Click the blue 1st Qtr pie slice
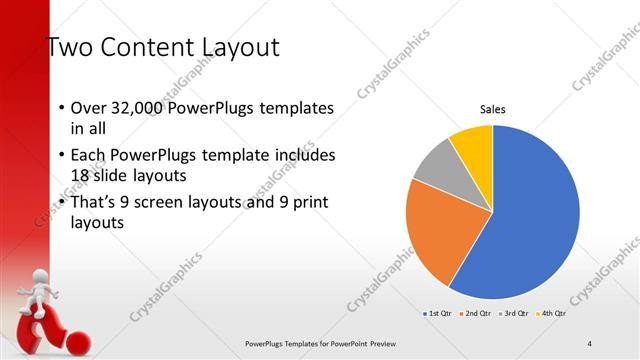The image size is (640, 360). pos(530,220)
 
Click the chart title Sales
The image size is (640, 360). pos(492,108)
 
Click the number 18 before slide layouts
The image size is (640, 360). pos(81,175)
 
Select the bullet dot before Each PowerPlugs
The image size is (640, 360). pos(61,156)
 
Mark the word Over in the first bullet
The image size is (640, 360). pos(88,109)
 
